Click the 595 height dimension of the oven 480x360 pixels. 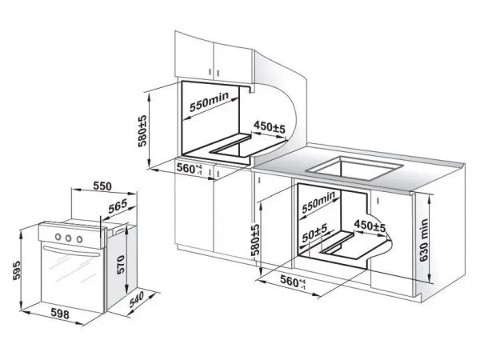coord(17,270)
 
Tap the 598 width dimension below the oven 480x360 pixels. coord(60,314)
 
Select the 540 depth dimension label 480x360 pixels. coord(136,299)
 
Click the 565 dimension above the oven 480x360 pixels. coord(118,206)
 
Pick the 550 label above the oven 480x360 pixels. coord(102,186)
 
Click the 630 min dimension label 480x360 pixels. coord(424,240)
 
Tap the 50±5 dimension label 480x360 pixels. coord(314,232)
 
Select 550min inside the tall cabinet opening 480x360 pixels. coord(209,102)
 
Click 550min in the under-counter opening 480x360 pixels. coord(318,202)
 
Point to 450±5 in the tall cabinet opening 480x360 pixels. coord(270,126)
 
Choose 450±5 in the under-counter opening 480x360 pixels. coord(370,226)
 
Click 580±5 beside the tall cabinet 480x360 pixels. coord(142,131)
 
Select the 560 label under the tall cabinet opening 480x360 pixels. coord(190,168)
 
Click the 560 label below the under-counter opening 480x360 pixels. coord(293,282)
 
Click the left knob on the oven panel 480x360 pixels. coord(58,236)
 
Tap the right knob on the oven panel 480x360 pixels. coord(79,239)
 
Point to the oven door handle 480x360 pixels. coord(70,251)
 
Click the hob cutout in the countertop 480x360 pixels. coord(354,168)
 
